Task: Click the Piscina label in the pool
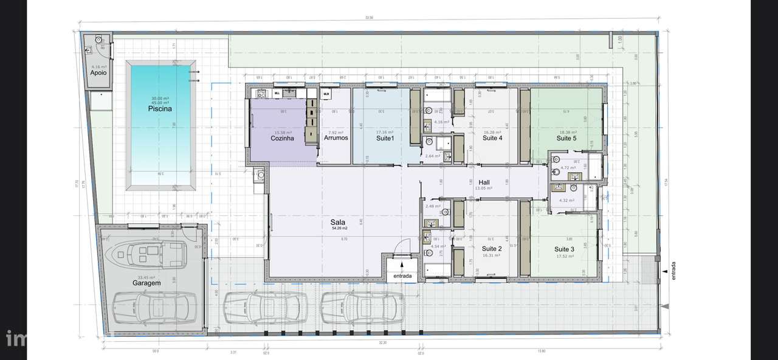click(160, 109)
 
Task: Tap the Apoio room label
click(98, 72)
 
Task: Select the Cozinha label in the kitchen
click(282, 138)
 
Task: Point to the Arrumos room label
click(336, 138)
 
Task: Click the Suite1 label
click(384, 138)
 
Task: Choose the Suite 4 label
click(492, 138)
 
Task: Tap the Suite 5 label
click(566, 138)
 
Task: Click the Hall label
click(484, 182)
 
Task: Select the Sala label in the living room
click(339, 223)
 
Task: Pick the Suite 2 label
click(491, 249)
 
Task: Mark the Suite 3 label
click(564, 249)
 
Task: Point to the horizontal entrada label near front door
click(402, 276)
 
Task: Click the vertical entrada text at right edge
click(673, 270)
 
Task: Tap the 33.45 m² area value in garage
click(147, 277)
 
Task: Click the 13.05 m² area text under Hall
click(484, 189)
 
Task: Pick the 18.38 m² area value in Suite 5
click(567, 132)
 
